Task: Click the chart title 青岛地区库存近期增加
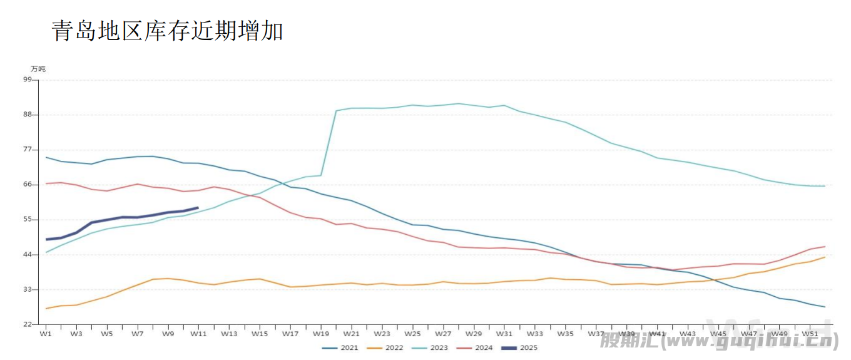(167, 31)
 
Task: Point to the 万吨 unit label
(38, 69)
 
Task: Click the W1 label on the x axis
(46, 334)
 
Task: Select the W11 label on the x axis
(198, 334)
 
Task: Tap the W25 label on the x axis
(412, 334)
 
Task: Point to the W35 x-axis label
(565, 334)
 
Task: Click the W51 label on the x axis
(810, 334)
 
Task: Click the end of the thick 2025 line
(198, 207)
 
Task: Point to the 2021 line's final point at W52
(825, 307)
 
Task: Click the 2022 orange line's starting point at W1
(46, 308)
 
